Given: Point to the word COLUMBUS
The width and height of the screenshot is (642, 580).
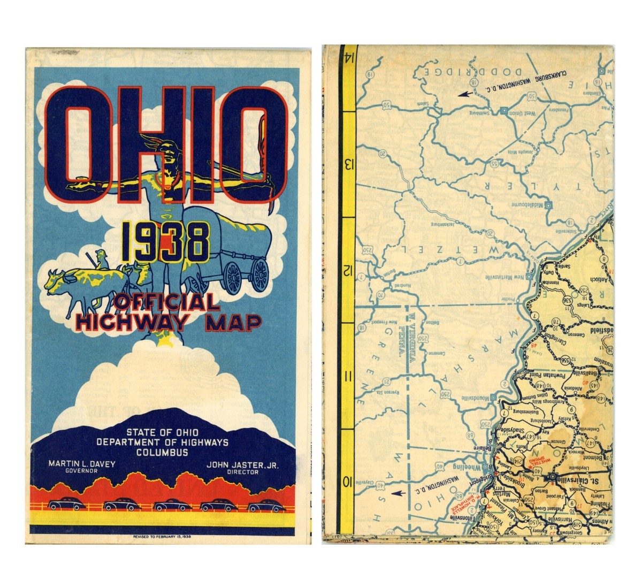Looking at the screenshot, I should [162, 452].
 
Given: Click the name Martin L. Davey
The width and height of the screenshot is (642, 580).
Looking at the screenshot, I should [81, 464].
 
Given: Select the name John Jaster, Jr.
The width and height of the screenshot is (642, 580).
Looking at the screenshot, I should [242, 464].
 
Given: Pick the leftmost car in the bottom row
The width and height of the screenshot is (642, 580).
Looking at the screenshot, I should [67, 505].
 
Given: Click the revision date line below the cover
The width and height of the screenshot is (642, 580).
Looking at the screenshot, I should [162, 536].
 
